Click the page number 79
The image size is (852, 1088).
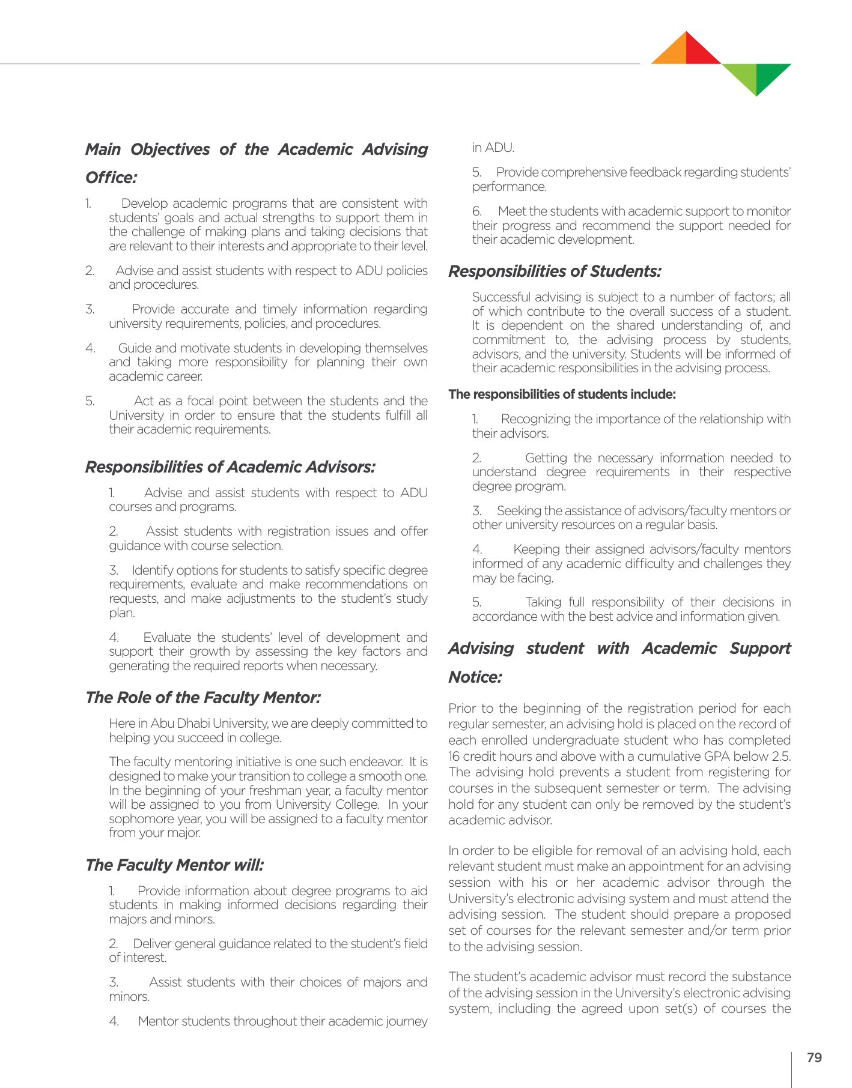coord(814,1057)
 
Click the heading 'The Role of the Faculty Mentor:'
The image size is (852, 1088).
coord(203,697)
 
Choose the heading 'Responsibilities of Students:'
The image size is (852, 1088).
coord(555,271)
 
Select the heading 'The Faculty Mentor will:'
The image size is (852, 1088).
coord(174,865)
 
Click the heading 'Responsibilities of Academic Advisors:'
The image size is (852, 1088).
coord(230,467)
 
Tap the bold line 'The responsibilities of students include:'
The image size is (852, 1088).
coord(562,394)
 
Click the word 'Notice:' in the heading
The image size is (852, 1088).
coord(475,677)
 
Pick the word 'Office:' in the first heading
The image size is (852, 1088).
coord(111,178)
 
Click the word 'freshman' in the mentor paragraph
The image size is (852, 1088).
coord(256,790)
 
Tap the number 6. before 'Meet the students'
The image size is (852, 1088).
coord(477,211)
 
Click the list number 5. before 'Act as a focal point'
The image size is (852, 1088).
coord(90,401)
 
